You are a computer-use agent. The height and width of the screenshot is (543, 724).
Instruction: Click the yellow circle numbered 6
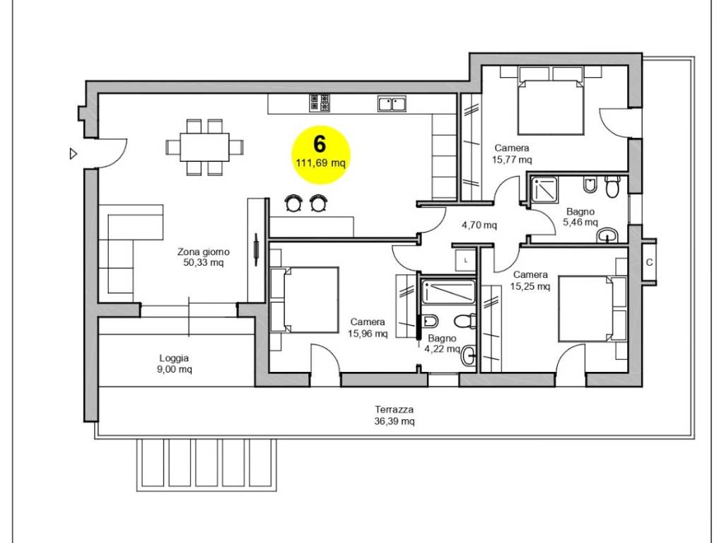coord(321,155)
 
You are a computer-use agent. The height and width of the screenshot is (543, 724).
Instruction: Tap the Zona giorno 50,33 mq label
coord(203,257)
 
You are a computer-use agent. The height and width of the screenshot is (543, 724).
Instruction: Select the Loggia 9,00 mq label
coord(174,363)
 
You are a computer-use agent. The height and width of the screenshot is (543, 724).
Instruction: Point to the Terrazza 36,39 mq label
coord(394,415)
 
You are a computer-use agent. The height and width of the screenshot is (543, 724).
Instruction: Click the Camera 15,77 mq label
coord(512,153)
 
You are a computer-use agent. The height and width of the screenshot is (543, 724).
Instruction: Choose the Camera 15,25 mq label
coord(530,280)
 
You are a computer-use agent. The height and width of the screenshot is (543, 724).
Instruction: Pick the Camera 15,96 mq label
coord(368,328)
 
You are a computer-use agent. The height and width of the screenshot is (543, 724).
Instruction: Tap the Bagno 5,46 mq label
coord(580,217)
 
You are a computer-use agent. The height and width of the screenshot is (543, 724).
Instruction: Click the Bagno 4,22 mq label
coord(442,344)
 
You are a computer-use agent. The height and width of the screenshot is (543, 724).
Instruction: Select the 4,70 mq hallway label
coord(479,226)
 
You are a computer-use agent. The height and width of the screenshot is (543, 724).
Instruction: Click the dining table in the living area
coord(204,147)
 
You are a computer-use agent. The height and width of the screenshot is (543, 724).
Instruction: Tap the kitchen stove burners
coord(320,103)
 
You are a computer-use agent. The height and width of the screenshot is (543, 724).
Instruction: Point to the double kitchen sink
coord(392,103)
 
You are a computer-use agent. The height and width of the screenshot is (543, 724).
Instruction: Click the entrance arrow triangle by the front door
coord(73,153)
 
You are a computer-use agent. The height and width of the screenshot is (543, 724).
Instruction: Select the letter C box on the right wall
coord(649,262)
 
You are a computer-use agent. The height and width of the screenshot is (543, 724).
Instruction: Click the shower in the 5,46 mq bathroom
coord(544,189)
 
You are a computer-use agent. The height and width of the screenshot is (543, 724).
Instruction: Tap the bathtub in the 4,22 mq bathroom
coord(448,292)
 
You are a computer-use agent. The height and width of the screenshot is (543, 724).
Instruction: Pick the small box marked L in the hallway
coord(465,261)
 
